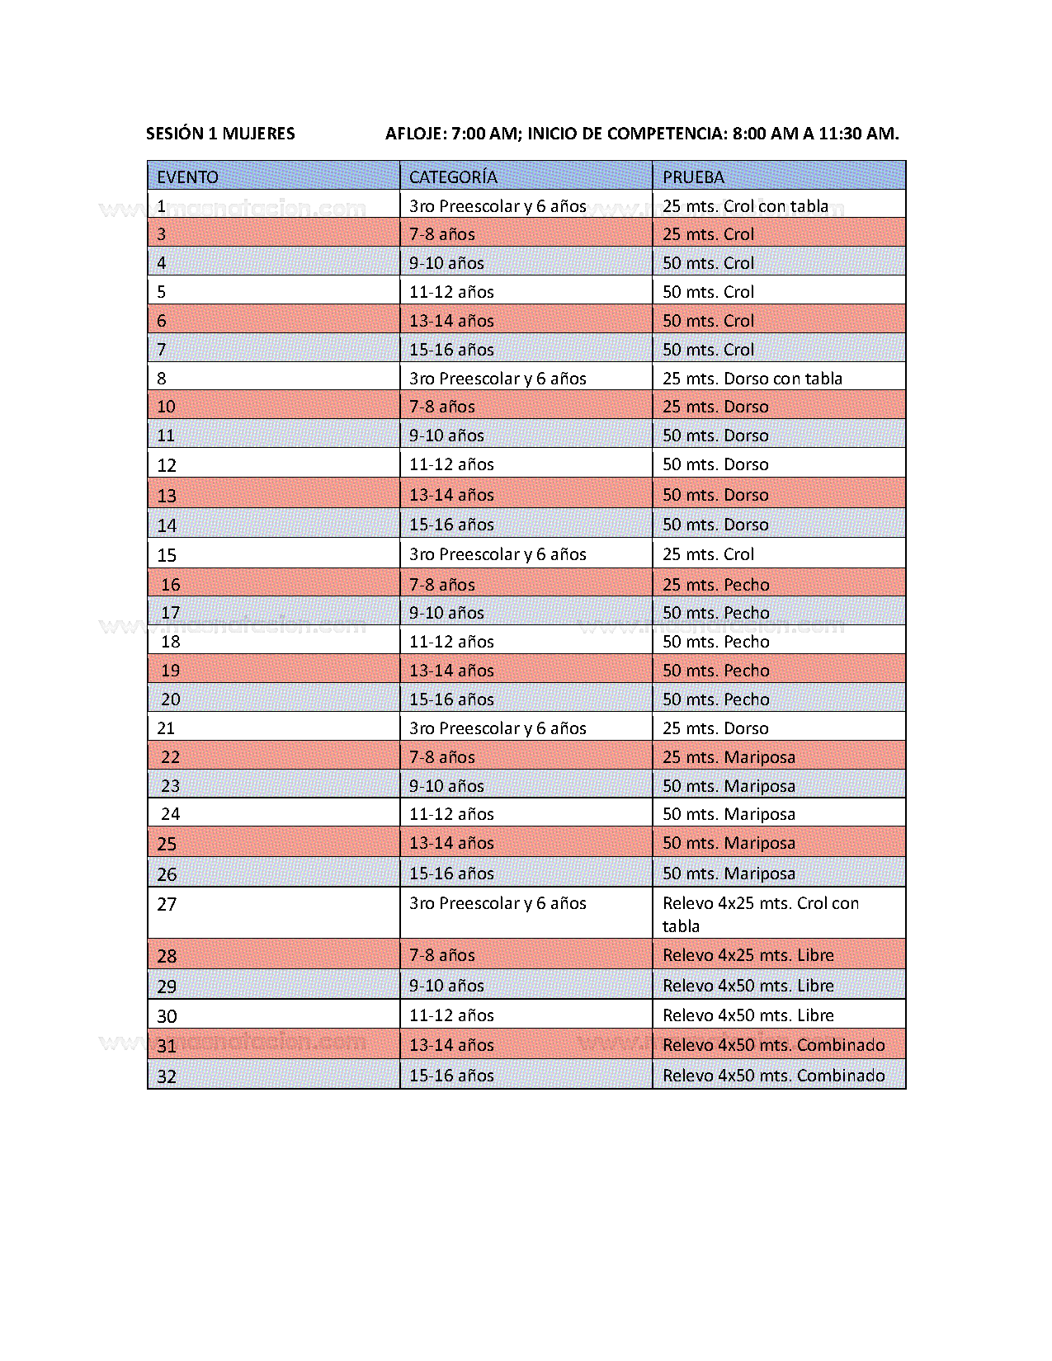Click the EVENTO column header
[x=188, y=177]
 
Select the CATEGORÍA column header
[x=453, y=177]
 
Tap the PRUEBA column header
[x=693, y=177]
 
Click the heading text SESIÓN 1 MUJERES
[x=220, y=134]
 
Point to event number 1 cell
[x=162, y=206]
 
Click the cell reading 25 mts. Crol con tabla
[x=745, y=206]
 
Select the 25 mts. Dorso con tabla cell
[x=752, y=379]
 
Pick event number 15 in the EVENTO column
[x=167, y=555]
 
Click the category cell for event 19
[x=451, y=671]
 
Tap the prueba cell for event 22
[x=729, y=757]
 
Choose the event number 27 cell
[x=167, y=905]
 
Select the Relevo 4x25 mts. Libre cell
[x=748, y=955]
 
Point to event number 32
[x=167, y=1076]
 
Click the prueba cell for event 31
[x=773, y=1045]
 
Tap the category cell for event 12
[x=451, y=464]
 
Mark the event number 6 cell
[x=162, y=321]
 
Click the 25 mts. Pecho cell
[x=715, y=585]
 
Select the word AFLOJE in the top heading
[x=415, y=134]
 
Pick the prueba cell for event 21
[x=715, y=728]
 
